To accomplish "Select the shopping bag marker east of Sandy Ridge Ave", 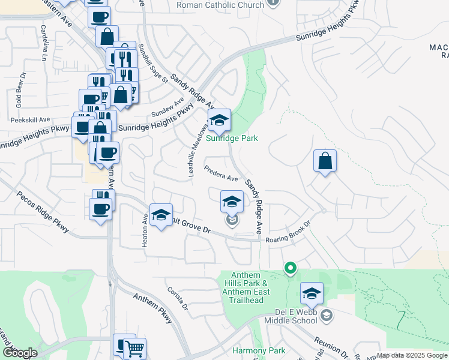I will pos(325,161).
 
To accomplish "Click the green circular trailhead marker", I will pos(291,268).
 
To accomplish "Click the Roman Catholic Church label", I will pos(220,5).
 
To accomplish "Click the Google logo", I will pos(20,353).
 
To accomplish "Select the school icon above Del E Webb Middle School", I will pos(312,293).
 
